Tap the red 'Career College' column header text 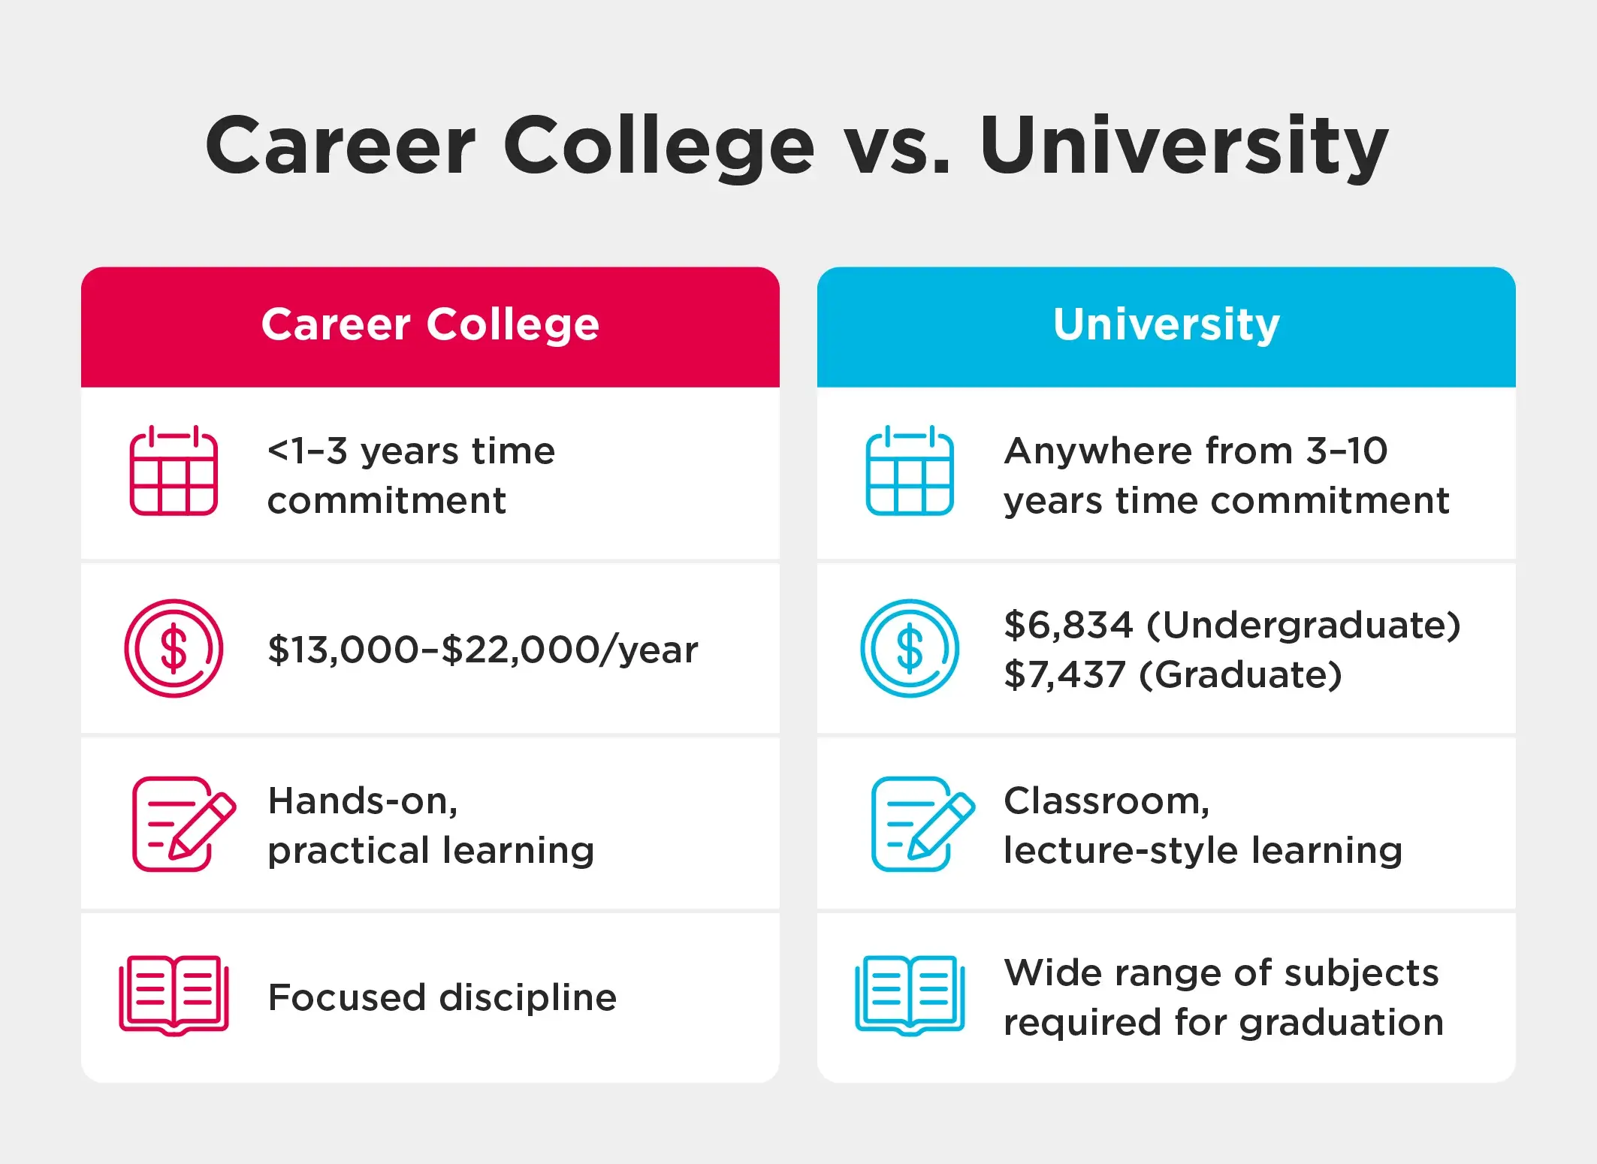tap(430, 325)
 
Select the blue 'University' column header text tap(1166, 325)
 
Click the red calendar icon tap(174, 470)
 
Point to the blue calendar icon tap(910, 470)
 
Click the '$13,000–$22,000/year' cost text tap(483, 650)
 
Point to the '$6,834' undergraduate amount tap(1068, 625)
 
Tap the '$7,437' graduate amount tap(1065, 674)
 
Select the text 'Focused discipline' tap(442, 998)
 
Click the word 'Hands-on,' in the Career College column tap(363, 801)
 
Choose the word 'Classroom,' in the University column tap(1107, 801)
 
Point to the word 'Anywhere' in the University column tap(1098, 452)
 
